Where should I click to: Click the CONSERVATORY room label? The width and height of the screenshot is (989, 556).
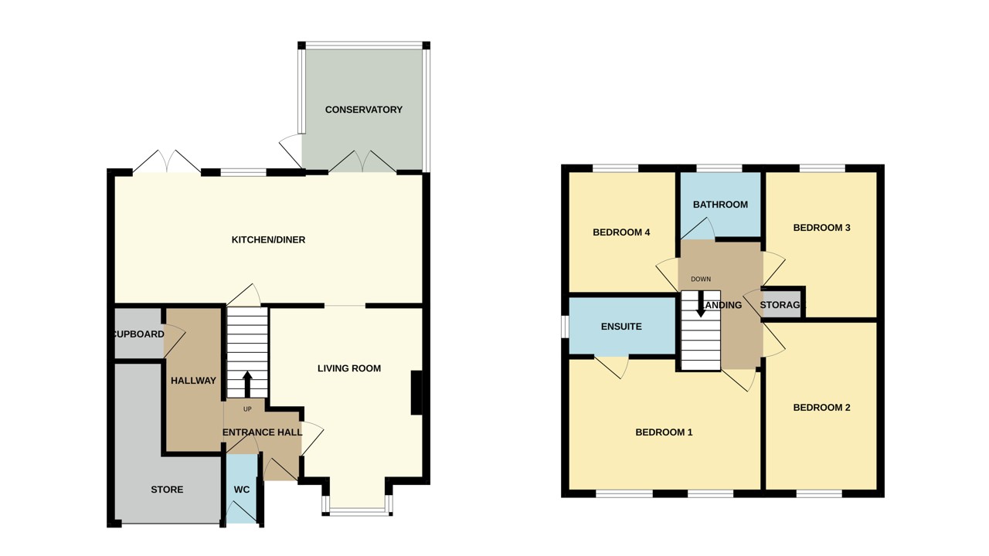(363, 110)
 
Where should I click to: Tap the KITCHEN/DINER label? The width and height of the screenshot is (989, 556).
(268, 240)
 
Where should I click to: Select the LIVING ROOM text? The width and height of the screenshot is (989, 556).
(349, 368)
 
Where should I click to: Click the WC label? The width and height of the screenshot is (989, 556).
(242, 490)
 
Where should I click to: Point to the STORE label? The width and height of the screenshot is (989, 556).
(167, 490)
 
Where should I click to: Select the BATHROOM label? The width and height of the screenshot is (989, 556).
(720, 205)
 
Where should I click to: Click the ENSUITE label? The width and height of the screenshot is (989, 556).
(621, 327)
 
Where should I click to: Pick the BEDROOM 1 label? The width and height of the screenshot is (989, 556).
(664, 432)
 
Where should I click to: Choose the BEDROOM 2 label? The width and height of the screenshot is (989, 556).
(821, 408)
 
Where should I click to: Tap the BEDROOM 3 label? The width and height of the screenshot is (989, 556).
(821, 228)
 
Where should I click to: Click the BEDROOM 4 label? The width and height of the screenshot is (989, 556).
(621, 232)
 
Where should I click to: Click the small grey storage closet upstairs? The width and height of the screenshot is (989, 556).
(782, 303)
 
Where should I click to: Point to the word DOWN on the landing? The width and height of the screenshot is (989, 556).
(701, 280)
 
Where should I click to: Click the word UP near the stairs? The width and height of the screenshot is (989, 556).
(247, 409)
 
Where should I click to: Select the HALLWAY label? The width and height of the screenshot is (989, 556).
(193, 381)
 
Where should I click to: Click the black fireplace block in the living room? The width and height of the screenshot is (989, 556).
(416, 393)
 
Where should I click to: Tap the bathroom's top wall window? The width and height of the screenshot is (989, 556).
(719, 168)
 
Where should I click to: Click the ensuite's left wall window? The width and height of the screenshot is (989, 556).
(565, 326)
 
